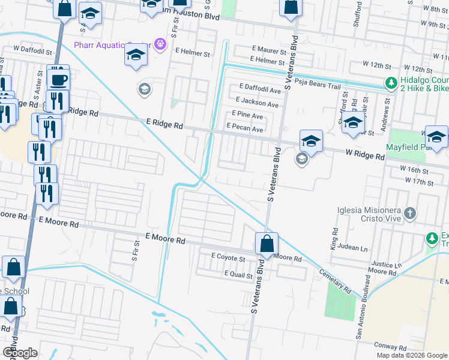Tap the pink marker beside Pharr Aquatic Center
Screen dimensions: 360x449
[x=160, y=44]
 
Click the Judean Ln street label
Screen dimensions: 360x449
[x=354, y=248]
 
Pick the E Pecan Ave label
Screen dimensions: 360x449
[x=244, y=129]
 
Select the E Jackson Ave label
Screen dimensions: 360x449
[x=258, y=103]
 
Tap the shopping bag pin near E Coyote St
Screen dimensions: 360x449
[x=267, y=244]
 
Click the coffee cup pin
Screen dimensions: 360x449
[x=58, y=79]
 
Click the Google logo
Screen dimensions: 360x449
[x=20, y=353]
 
